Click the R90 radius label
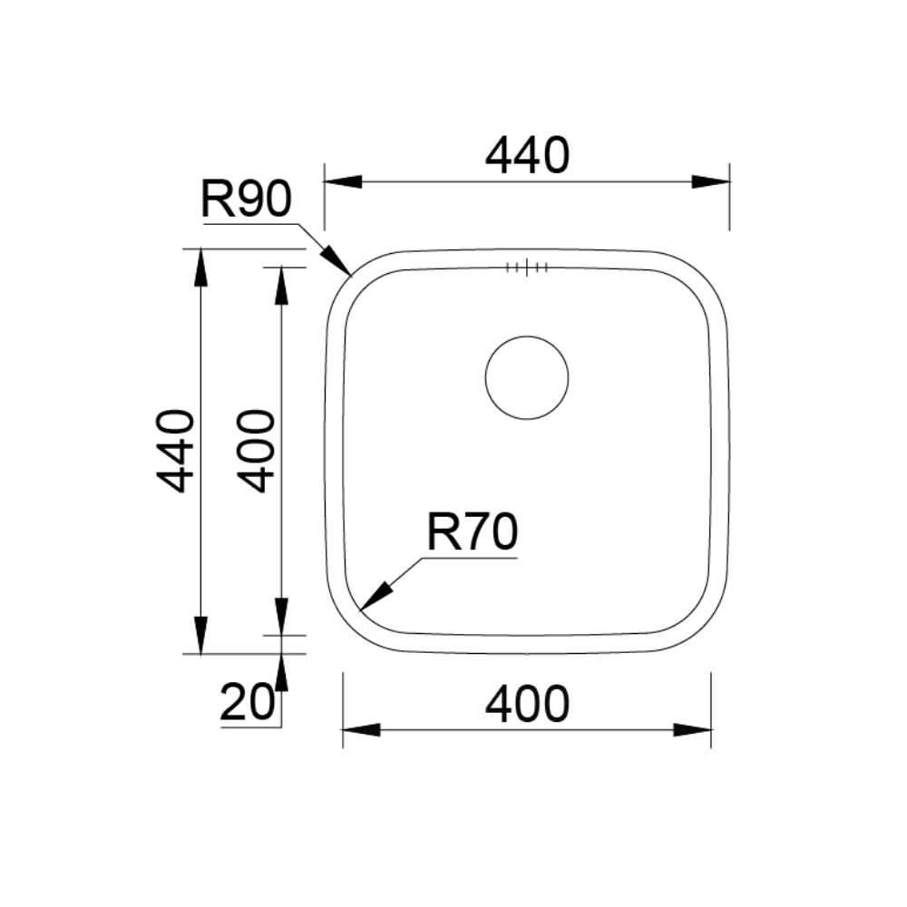point(247,199)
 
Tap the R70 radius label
point(472,532)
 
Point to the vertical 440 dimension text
point(176,451)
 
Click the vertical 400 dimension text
point(257,451)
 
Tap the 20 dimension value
point(247,702)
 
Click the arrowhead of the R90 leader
point(336,259)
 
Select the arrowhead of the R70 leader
point(376,597)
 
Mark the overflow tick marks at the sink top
point(527,268)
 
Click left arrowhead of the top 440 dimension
point(343,181)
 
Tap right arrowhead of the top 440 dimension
point(711,181)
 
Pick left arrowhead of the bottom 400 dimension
point(362,730)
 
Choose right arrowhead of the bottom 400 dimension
point(692,730)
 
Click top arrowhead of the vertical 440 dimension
point(200,268)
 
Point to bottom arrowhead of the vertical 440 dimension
point(200,635)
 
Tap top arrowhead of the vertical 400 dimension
point(281,286)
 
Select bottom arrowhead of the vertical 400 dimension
point(281,617)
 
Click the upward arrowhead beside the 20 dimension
point(281,673)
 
